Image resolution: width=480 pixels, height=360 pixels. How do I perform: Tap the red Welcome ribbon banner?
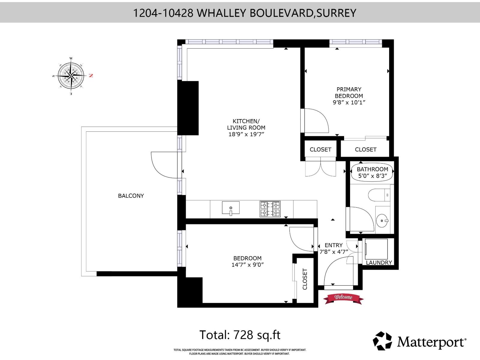[343, 298]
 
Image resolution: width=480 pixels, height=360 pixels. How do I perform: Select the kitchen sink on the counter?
[231, 208]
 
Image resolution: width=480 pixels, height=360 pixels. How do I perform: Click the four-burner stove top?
[270, 209]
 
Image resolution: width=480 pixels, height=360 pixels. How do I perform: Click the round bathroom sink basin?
[382, 221]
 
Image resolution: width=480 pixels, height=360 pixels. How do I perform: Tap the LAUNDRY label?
[379, 262]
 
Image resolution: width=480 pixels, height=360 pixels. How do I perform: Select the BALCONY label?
[131, 196]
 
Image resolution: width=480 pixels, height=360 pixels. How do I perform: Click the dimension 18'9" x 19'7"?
[246, 134]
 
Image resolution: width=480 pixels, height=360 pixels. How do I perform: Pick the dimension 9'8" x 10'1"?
[349, 102]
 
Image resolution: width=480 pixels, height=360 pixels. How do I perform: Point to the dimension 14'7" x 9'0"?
[247, 265]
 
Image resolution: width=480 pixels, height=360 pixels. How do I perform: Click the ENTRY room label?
[333, 245]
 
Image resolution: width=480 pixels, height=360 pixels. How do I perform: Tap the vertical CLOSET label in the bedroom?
[305, 279]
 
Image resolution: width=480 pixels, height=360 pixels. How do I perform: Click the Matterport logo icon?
[382, 341]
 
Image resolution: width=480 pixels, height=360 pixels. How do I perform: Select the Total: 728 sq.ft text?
[240, 335]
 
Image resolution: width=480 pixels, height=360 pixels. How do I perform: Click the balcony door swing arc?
[163, 165]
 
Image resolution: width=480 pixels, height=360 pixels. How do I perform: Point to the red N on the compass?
[91, 76]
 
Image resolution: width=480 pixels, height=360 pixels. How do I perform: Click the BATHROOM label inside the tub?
[372, 169]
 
